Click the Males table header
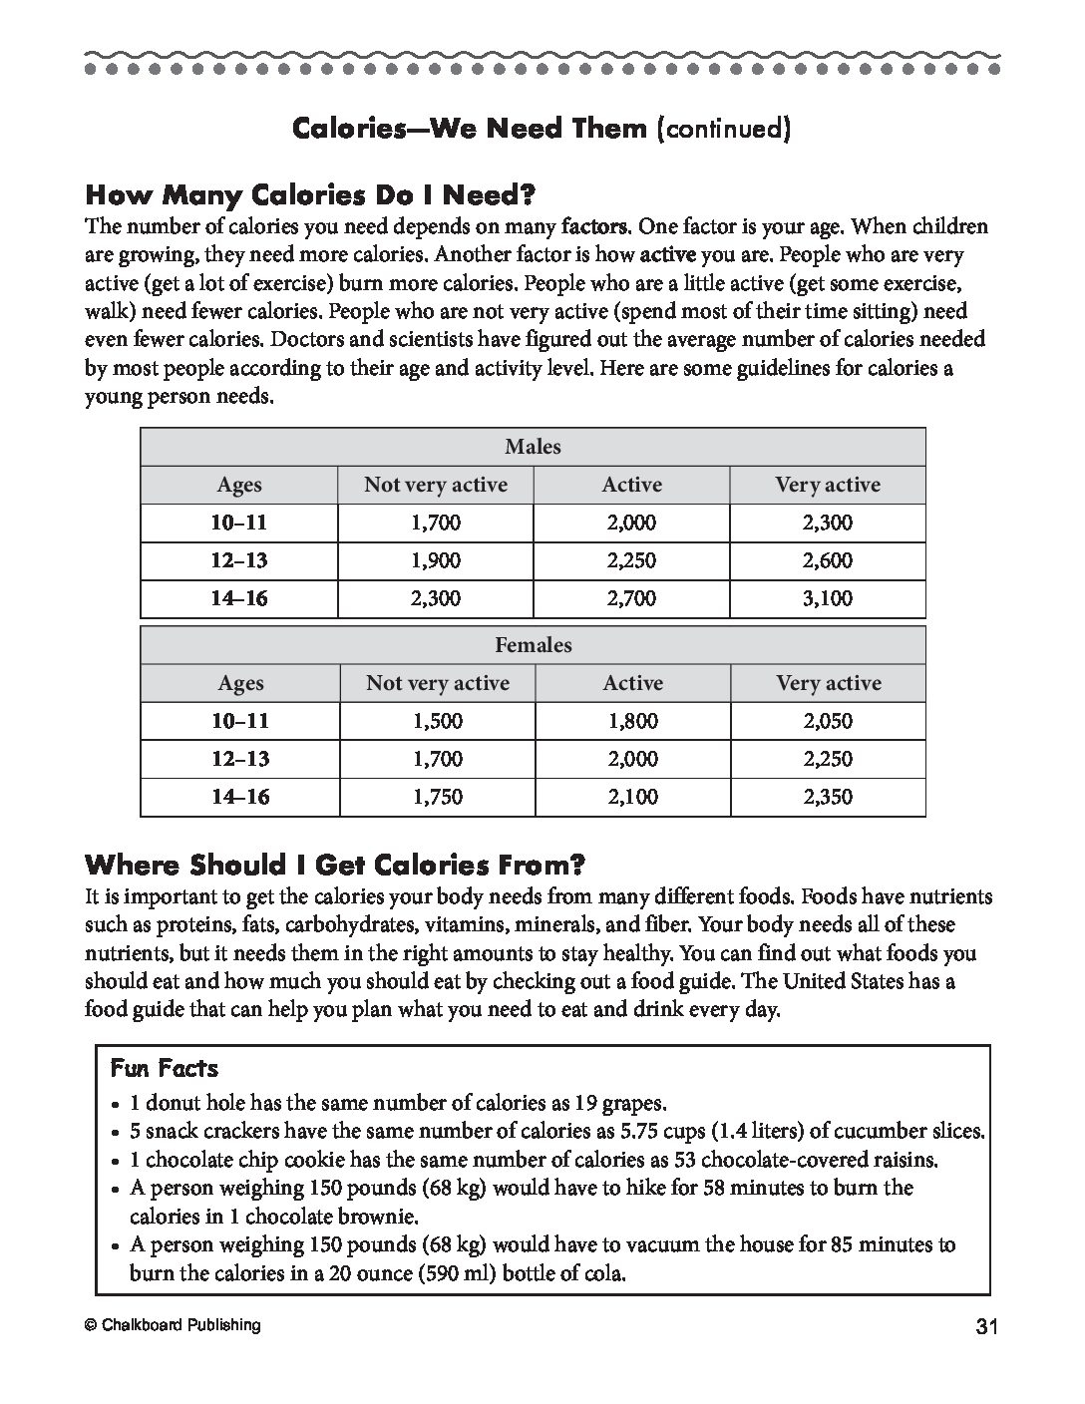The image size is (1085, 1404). (x=533, y=447)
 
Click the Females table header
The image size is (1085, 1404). (x=533, y=645)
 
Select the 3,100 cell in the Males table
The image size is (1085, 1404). (x=828, y=598)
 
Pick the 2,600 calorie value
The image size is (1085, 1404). (x=828, y=560)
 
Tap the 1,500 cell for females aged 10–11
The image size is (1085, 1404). (x=437, y=721)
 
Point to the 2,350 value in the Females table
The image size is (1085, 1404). (x=828, y=797)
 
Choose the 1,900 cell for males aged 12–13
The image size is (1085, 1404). (x=436, y=560)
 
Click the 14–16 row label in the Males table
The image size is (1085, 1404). (x=239, y=598)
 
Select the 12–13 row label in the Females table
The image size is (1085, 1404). (x=239, y=759)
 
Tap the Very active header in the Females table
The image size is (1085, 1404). (x=829, y=683)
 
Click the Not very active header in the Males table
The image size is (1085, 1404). (x=436, y=485)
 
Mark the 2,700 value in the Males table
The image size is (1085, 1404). (x=631, y=598)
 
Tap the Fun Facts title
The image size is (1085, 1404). (x=164, y=1068)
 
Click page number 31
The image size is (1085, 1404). (x=987, y=1326)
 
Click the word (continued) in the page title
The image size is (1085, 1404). (x=723, y=129)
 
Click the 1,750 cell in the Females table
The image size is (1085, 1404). (x=437, y=797)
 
